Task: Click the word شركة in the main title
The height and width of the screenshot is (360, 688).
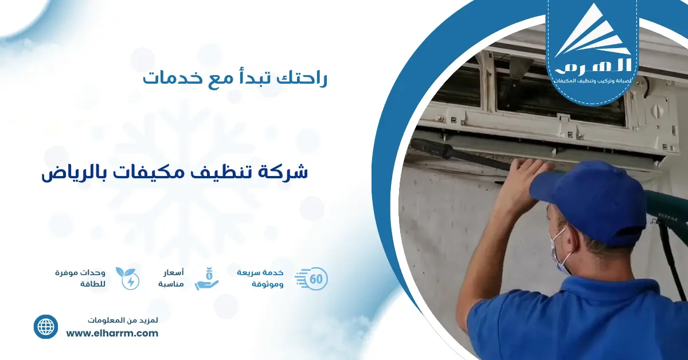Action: coord(287,173)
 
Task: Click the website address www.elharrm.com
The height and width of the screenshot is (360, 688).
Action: coord(112,333)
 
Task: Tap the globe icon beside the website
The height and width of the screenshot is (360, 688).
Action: coord(46,327)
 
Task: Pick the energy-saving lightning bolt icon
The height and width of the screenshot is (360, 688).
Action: coord(127,278)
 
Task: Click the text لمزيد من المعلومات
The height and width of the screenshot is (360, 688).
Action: coord(123,319)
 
